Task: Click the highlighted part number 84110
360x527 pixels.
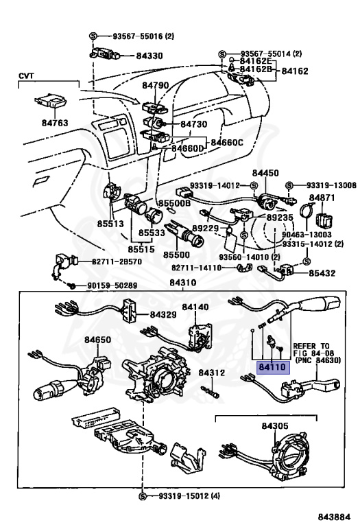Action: pos(273,367)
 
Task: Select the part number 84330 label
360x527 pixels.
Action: pos(149,56)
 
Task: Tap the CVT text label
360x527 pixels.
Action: pos(26,76)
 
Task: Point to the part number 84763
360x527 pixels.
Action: pos(55,123)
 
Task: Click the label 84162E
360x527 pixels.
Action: pos(256,61)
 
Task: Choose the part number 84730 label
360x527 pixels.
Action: pos(194,124)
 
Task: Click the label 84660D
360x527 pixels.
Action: pos(188,148)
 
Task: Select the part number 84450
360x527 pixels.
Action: pos(265,173)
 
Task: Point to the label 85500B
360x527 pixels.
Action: pos(175,203)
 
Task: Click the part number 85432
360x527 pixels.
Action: pos(322,273)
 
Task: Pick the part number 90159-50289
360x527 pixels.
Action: pos(112,285)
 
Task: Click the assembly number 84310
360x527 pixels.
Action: pos(182,283)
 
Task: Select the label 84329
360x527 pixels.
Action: pos(163,314)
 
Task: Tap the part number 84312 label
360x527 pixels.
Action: pos(212,373)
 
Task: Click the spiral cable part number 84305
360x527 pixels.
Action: pos(275,426)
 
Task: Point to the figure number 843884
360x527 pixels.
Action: pos(334,517)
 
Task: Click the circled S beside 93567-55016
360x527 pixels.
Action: pos(93,36)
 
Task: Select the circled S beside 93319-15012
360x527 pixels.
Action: pos(143,496)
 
